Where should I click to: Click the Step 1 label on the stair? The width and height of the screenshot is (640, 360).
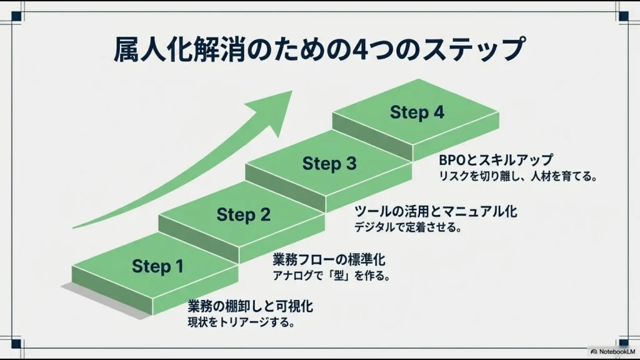pyautogui.click(x=157, y=267)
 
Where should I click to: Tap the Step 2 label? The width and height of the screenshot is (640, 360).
pyautogui.click(x=244, y=216)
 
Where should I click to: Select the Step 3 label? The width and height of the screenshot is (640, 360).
pyautogui.click(x=329, y=164)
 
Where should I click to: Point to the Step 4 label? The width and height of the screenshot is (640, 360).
pyautogui.click(x=417, y=113)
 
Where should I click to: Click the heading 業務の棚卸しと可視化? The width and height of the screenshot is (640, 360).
pyautogui.click(x=250, y=307)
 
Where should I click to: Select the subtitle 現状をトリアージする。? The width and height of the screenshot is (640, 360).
pyautogui.click(x=241, y=323)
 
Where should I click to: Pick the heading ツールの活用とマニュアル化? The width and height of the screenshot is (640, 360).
pyautogui.click(x=436, y=211)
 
